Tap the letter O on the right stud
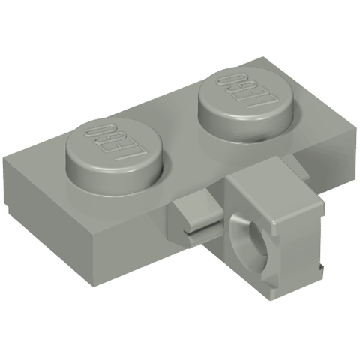(230, 80)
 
